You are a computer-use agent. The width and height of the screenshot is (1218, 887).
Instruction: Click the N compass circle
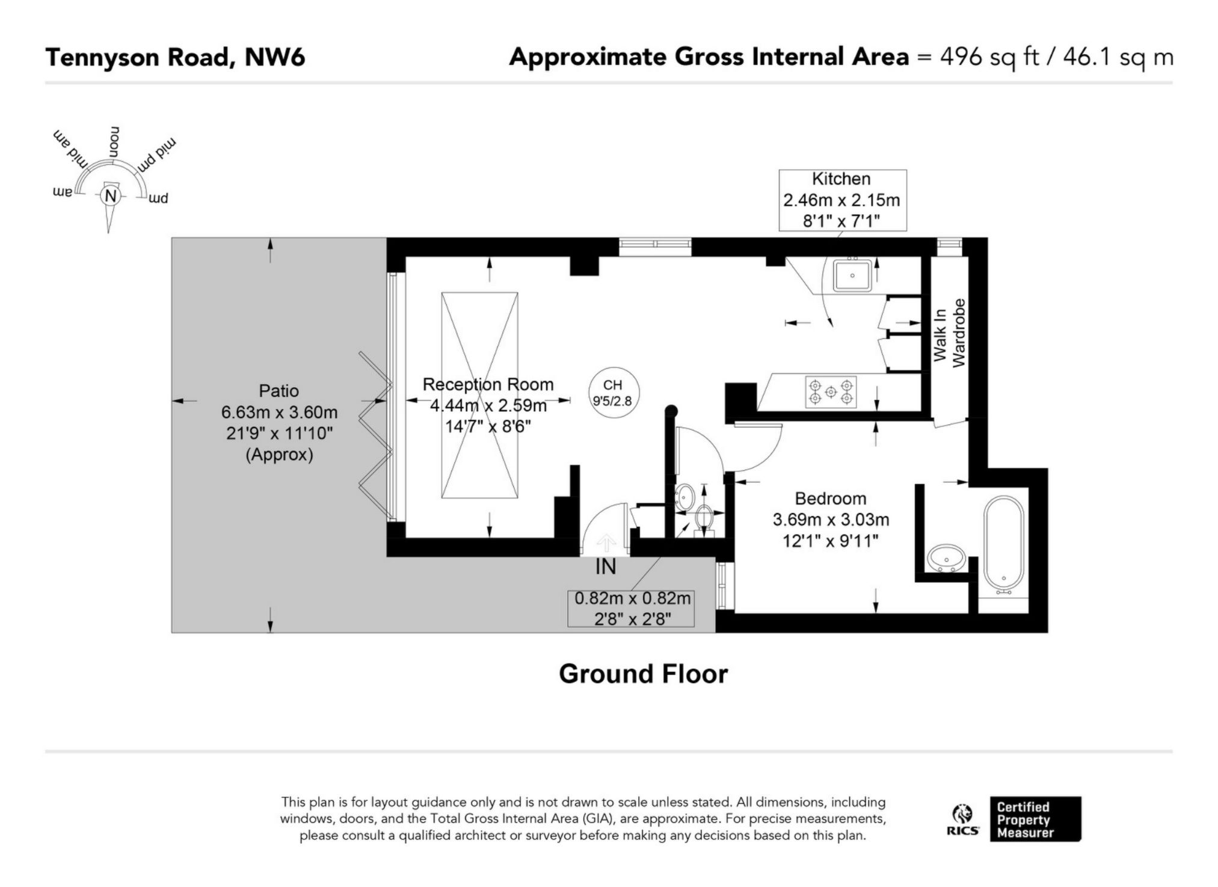tap(110, 196)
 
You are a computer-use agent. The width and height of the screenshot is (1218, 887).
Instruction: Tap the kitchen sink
tap(852, 275)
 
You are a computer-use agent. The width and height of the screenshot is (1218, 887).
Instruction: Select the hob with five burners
tap(831, 391)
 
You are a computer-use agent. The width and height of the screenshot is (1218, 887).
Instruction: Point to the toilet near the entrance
tap(704, 518)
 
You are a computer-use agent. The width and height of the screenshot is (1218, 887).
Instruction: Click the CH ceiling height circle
tap(613, 393)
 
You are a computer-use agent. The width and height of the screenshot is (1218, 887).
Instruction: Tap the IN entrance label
tap(606, 566)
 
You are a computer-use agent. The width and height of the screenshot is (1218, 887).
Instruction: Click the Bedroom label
tap(830, 499)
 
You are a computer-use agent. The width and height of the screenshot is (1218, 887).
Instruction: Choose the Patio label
tap(278, 391)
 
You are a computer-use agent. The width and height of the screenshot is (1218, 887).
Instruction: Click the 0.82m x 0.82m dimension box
tap(632, 609)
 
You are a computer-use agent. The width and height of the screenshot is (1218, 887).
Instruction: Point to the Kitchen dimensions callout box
tap(842, 200)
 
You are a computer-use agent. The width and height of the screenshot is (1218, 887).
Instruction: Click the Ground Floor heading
tap(643, 674)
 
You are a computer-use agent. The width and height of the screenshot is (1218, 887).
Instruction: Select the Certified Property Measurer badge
tap(1035, 819)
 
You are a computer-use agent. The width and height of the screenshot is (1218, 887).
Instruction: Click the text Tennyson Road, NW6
tap(175, 58)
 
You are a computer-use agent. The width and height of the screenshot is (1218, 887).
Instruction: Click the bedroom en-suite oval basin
tap(947, 559)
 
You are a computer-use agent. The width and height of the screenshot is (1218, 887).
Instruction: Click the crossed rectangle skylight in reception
tap(479, 395)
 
